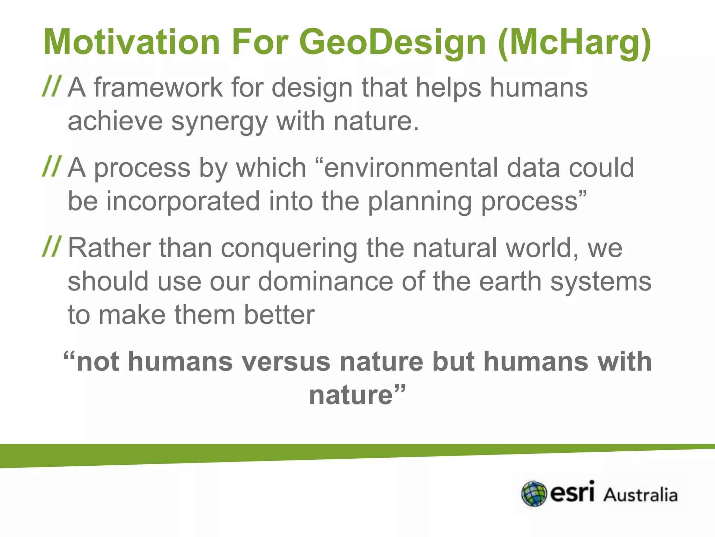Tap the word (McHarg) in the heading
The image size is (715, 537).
click(x=574, y=43)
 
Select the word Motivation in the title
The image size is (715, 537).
click(x=131, y=43)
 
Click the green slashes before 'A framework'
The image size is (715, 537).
click(x=52, y=86)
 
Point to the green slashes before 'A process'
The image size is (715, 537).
click(x=52, y=166)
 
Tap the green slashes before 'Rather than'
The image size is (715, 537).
click(x=52, y=247)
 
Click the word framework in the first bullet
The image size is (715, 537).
click(x=158, y=87)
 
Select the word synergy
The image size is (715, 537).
click(x=219, y=122)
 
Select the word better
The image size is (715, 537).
click(x=279, y=315)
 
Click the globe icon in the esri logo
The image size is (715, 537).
click(x=534, y=494)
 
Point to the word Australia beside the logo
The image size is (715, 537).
click(x=641, y=495)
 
